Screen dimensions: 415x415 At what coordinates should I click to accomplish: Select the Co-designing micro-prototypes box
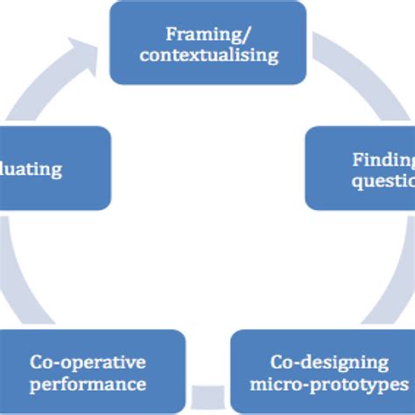322,371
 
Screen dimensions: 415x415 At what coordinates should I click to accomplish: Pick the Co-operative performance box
92,371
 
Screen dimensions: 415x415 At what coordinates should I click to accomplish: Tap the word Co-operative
88,362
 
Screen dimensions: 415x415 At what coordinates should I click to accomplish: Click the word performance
88,383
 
